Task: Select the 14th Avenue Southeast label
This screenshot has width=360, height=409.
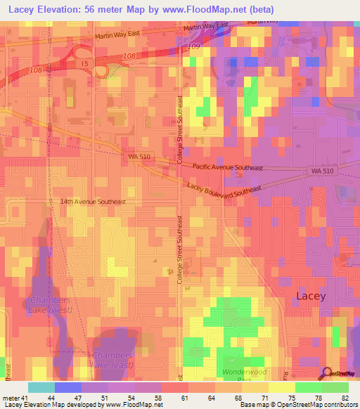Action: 92,202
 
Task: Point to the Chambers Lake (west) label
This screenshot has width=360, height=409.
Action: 51,304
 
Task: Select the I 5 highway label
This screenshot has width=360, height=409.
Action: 84,64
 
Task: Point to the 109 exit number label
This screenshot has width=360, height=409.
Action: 195,46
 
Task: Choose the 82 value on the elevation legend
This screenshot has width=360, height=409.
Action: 345,397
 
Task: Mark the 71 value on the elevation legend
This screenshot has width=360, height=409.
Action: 265,397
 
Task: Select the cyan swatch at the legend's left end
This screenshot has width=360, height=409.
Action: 41,387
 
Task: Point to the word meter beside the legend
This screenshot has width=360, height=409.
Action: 11,397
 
